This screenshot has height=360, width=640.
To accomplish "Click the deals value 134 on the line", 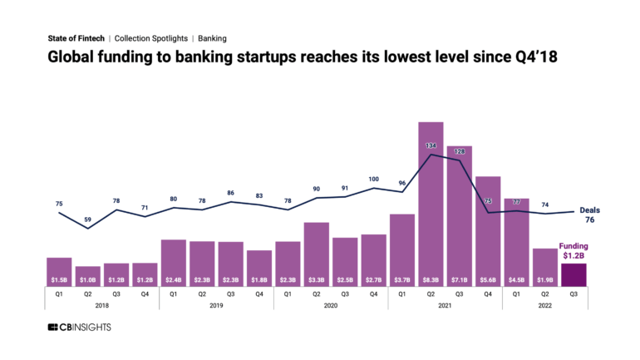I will click(431, 145).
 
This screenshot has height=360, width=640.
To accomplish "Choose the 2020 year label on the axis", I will click(330, 306).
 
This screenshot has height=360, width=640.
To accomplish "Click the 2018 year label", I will click(101, 306).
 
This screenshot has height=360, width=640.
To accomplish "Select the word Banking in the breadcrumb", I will click(212, 38).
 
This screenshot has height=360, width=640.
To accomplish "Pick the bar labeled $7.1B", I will click(459, 216).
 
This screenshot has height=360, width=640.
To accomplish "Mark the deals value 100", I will click(373, 179).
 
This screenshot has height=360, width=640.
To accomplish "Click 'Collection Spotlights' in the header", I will click(150, 38).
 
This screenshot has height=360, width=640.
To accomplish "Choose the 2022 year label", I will click(544, 306).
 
